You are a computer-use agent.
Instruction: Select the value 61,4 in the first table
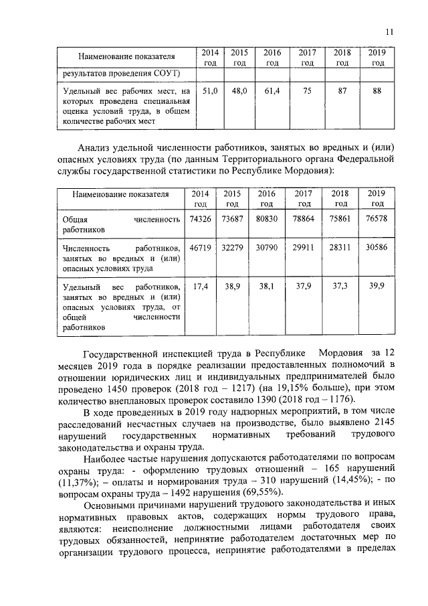click(272, 90)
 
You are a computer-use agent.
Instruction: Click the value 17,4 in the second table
click(201, 286)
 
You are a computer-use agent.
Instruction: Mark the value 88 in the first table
click(377, 90)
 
